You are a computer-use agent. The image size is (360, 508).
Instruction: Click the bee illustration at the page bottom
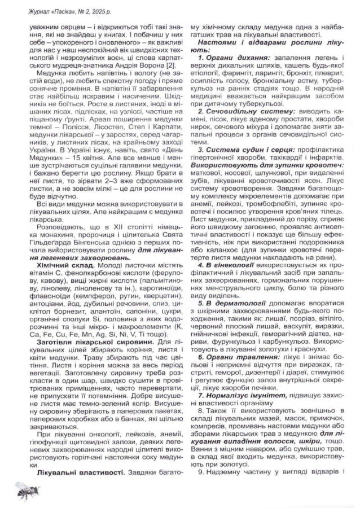pyautogui.click(x=24, y=489)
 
